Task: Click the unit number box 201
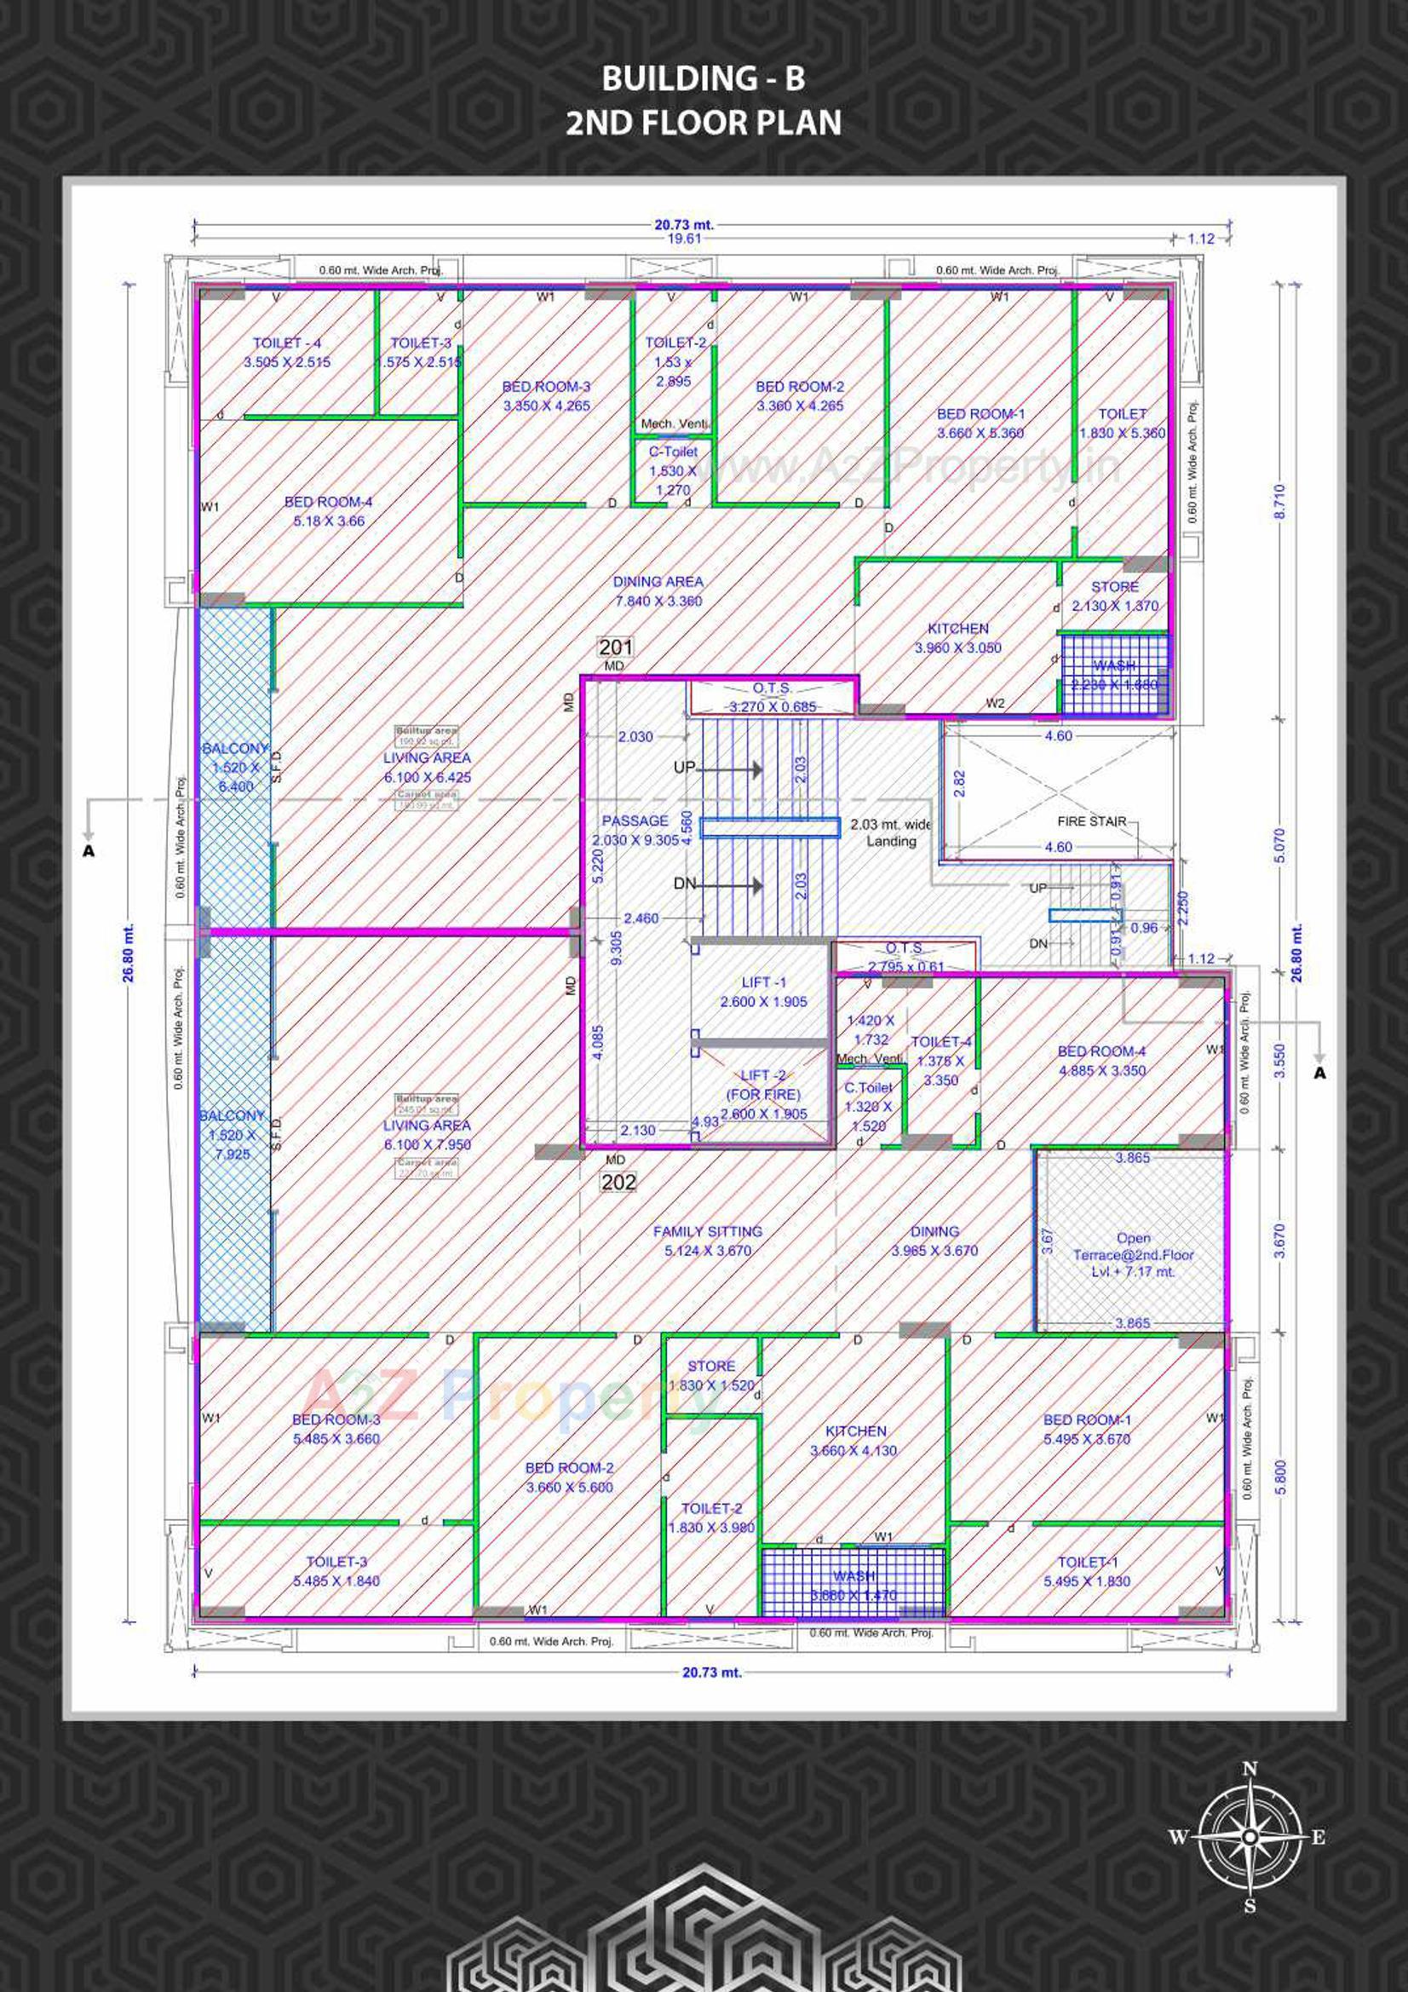click(x=616, y=648)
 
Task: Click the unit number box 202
click(x=618, y=1182)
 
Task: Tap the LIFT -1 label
click(x=763, y=992)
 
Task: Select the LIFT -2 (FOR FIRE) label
click(x=763, y=1095)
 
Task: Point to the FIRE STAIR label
click(x=1091, y=820)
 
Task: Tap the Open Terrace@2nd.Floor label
click(x=1133, y=1254)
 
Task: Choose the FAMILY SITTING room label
click(x=707, y=1241)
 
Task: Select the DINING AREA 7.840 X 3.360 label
click(x=658, y=590)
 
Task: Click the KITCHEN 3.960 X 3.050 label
click(x=957, y=637)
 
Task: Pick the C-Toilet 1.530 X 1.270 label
click(x=673, y=471)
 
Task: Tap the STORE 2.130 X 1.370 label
click(x=1114, y=596)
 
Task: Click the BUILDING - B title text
click(x=703, y=79)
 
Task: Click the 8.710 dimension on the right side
click(x=1281, y=503)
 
